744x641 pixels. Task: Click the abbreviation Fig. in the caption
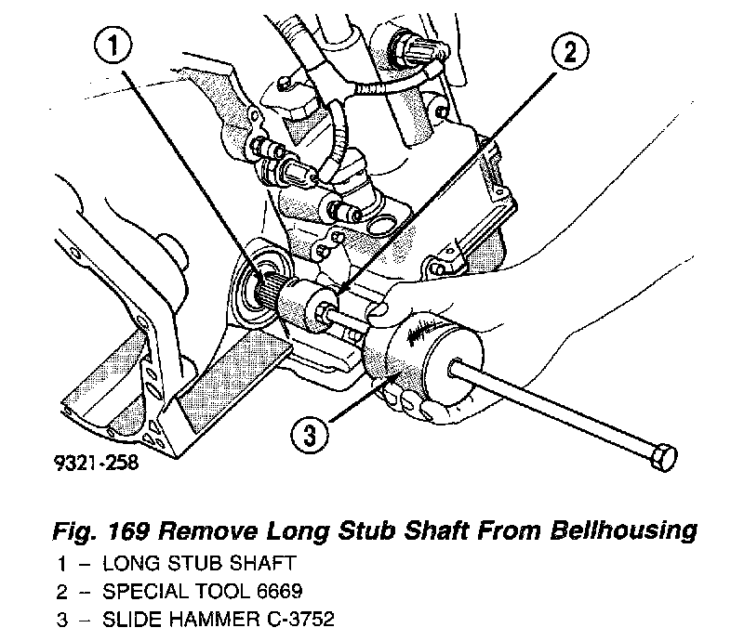point(82,531)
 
